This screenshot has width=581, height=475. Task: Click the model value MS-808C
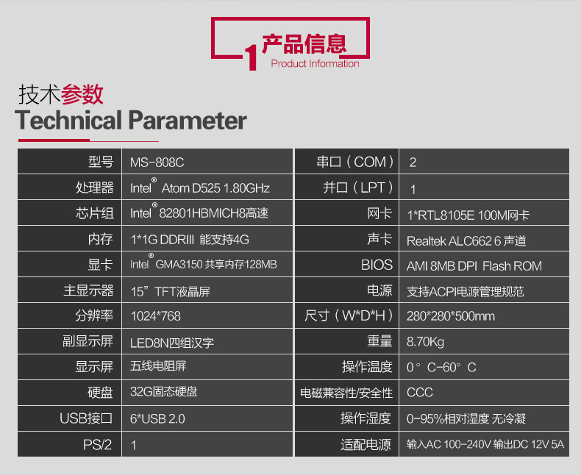[x=157, y=162]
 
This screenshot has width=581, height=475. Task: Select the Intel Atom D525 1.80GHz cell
[x=200, y=187]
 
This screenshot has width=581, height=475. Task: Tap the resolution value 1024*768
[x=156, y=316]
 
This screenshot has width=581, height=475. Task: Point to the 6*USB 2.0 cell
[x=157, y=418]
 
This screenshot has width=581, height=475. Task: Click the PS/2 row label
[x=98, y=445]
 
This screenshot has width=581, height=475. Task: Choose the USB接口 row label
[x=86, y=418]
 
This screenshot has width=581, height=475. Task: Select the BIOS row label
[x=377, y=265]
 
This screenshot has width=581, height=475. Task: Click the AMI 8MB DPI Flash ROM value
[x=474, y=266]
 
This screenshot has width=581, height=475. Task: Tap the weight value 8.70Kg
[x=425, y=342]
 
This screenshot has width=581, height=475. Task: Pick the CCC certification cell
[x=420, y=393]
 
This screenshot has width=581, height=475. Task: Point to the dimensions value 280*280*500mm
[x=451, y=316]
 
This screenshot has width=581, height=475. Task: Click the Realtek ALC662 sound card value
[x=466, y=241]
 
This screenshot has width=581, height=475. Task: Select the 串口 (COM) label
[x=355, y=162]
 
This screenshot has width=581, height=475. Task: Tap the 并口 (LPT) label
[x=357, y=187]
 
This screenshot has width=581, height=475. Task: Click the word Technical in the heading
[x=68, y=120]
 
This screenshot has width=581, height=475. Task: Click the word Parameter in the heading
[x=188, y=120]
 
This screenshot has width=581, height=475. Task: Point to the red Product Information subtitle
[x=315, y=64]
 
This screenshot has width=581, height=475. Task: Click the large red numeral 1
[x=252, y=57]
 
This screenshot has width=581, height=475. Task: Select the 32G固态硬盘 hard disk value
[x=164, y=392]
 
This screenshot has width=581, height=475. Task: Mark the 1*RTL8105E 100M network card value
[x=468, y=215]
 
